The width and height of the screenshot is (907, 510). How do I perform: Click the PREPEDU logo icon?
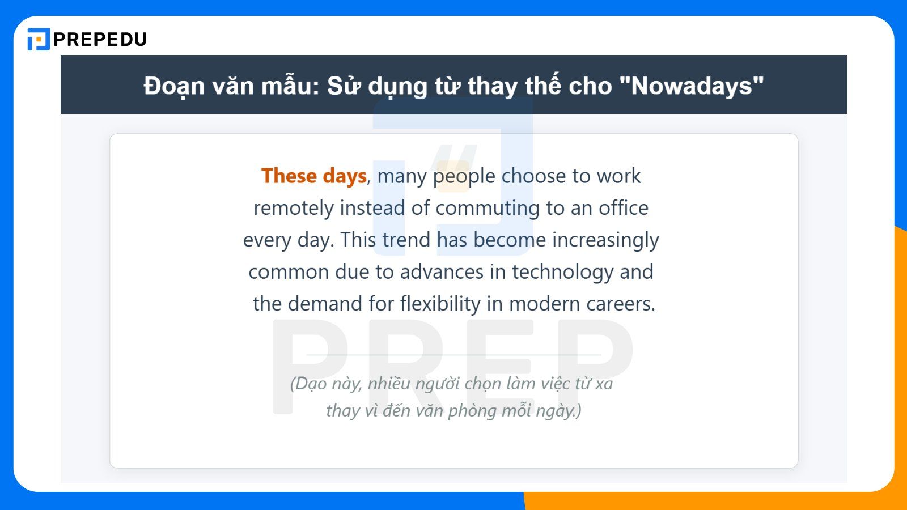pos(39,39)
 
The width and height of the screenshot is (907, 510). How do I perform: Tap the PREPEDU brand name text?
pos(100,39)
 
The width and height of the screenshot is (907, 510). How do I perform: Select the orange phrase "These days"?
pos(314,176)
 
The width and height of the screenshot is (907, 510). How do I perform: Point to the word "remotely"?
pos(293,208)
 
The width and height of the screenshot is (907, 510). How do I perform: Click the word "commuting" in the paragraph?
pos(488,208)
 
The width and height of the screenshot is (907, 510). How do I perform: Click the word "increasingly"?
pos(605,240)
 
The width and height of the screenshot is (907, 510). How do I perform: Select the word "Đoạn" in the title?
pos(174,86)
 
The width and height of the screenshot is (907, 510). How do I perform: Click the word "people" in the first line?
pos(464,176)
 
